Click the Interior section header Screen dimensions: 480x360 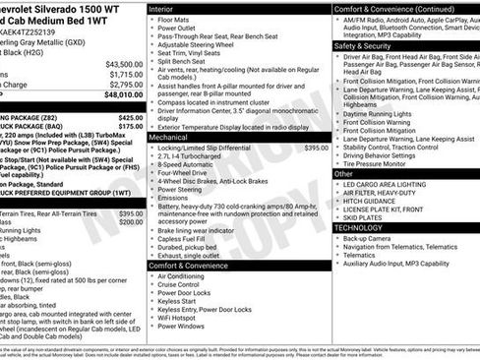tap(160, 7)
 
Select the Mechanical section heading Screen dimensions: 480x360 tap(168, 138)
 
